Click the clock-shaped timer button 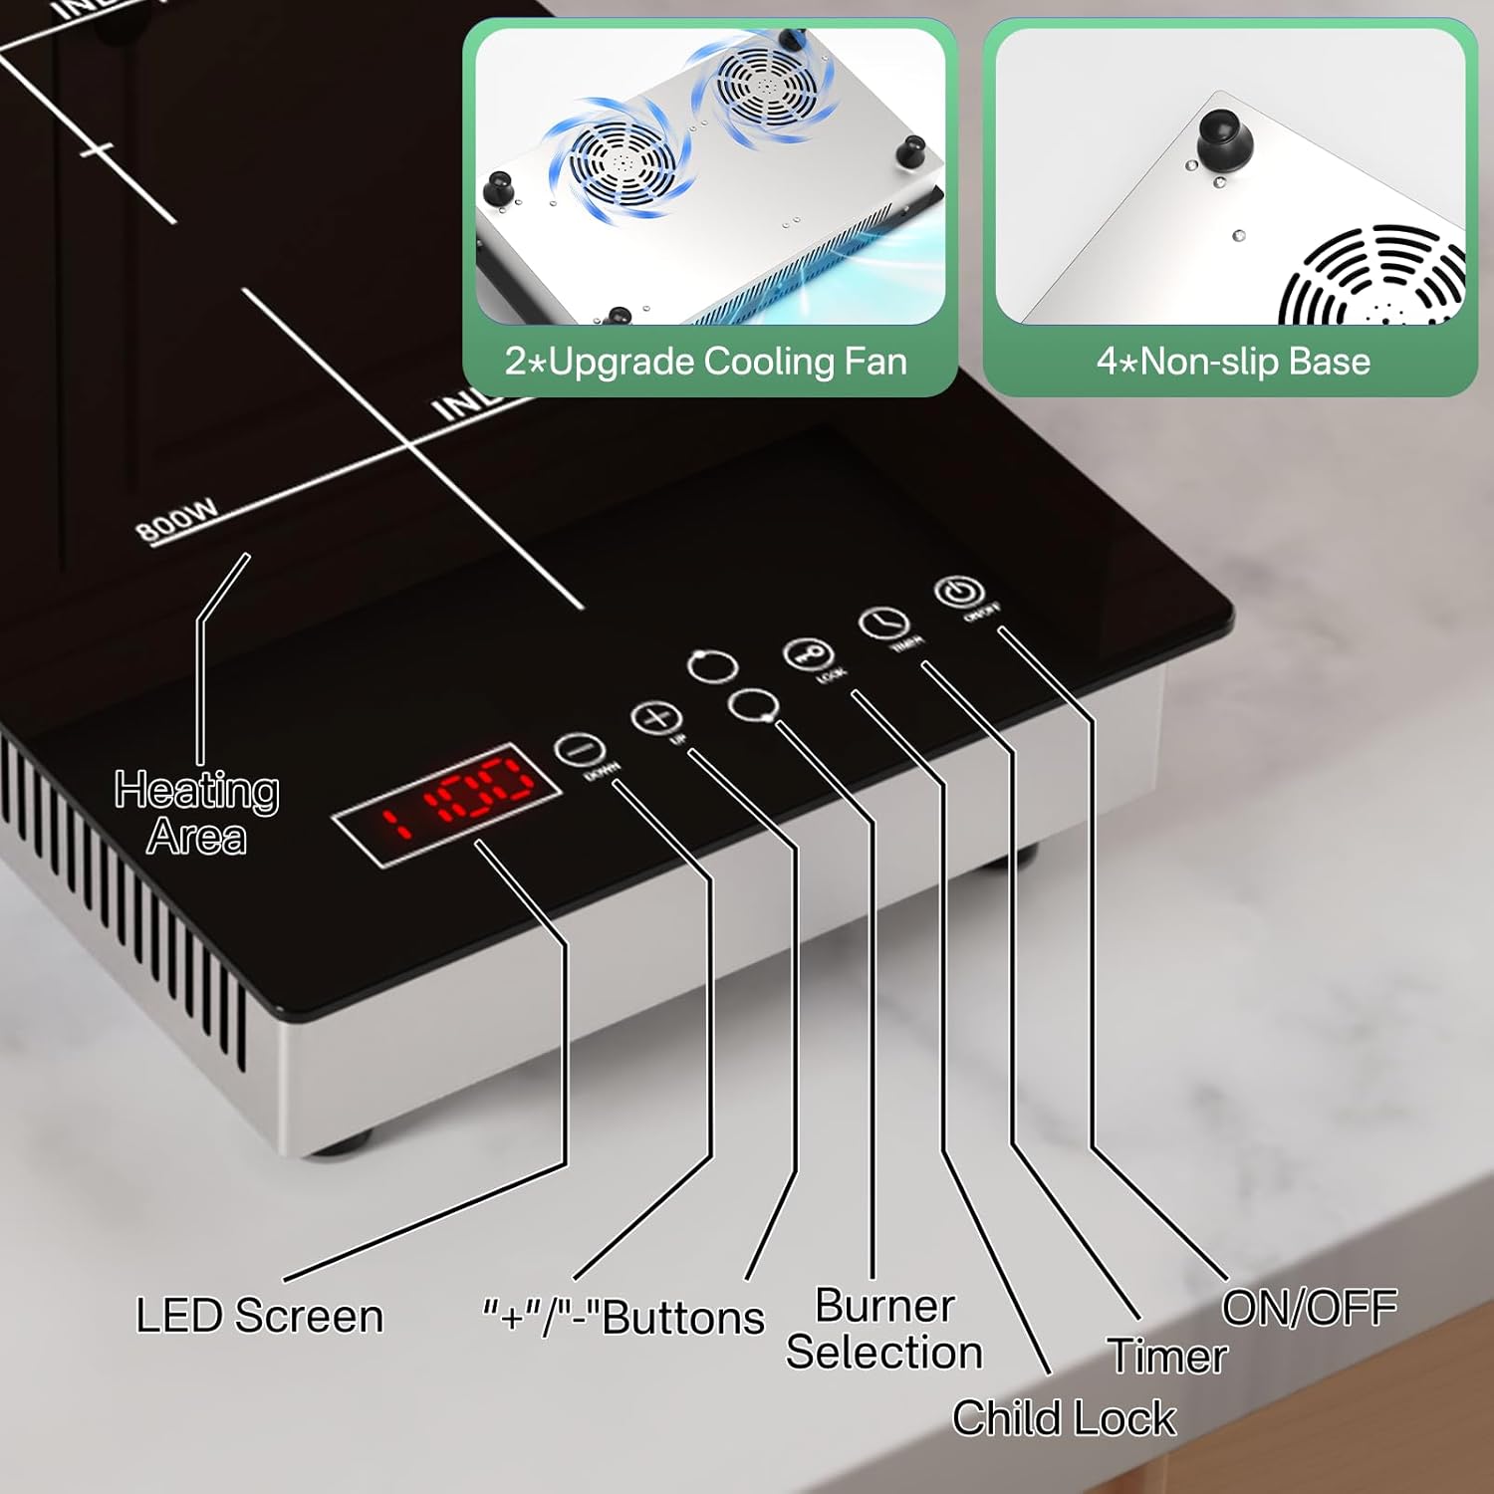(x=883, y=623)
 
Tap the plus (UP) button (x=655, y=717)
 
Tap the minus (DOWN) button (x=579, y=750)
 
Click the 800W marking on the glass (x=177, y=520)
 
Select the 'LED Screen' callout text (x=260, y=1316)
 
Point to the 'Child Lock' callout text (x=1064, y=1418)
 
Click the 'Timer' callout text (x=1167, y=1356)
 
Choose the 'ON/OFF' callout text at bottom (x=1309, y=1308)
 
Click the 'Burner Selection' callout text (x=884, y=1329)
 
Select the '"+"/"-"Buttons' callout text (x=623, y=1318)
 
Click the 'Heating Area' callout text (x=196, y=813)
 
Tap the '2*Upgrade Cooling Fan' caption (x=706, y=362)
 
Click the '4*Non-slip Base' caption (x=1233, y=362)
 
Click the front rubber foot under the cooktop (x=339, y=1143)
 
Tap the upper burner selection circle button (x=712, y=666)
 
